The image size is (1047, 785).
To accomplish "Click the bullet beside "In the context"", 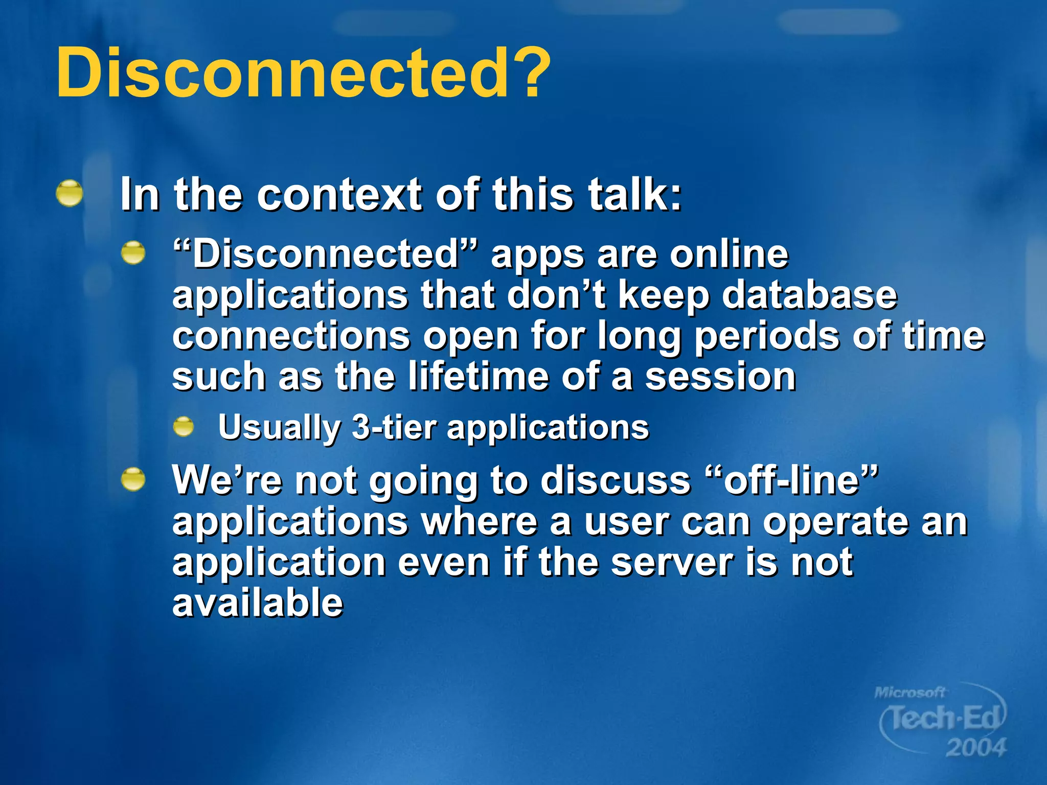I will tap(70, 194).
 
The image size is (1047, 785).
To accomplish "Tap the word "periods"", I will tap(767, 337).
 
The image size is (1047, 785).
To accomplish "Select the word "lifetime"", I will tap(478, 377).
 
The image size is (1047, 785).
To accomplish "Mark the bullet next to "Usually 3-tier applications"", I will tap(184, 427).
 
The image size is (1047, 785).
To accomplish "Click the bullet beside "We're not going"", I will tap(133, 479).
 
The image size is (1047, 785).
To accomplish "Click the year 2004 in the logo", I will tap(975, 748).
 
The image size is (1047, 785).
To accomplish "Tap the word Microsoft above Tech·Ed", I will tap(909, 692).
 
